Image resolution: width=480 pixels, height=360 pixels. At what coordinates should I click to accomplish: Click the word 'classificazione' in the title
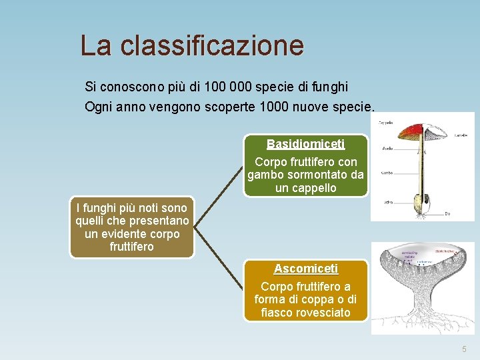click(213, 46)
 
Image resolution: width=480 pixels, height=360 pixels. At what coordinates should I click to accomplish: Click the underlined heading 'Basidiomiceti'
click(305, 144)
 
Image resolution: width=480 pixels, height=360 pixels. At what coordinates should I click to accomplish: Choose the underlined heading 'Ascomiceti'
click(305, 269)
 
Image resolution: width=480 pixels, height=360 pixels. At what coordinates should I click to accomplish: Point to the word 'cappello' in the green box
click(305, 188)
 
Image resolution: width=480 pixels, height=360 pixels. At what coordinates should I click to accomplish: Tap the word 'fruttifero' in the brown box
click(132, 247)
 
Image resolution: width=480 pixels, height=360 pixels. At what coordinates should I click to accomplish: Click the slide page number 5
click(465, 349)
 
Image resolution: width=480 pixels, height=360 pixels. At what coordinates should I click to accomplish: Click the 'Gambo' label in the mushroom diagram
click(386, 172)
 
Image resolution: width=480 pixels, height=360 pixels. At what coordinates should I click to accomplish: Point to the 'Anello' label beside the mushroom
click(387, 148)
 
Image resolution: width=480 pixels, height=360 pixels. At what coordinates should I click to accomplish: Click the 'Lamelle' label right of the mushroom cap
click(461, 135)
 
